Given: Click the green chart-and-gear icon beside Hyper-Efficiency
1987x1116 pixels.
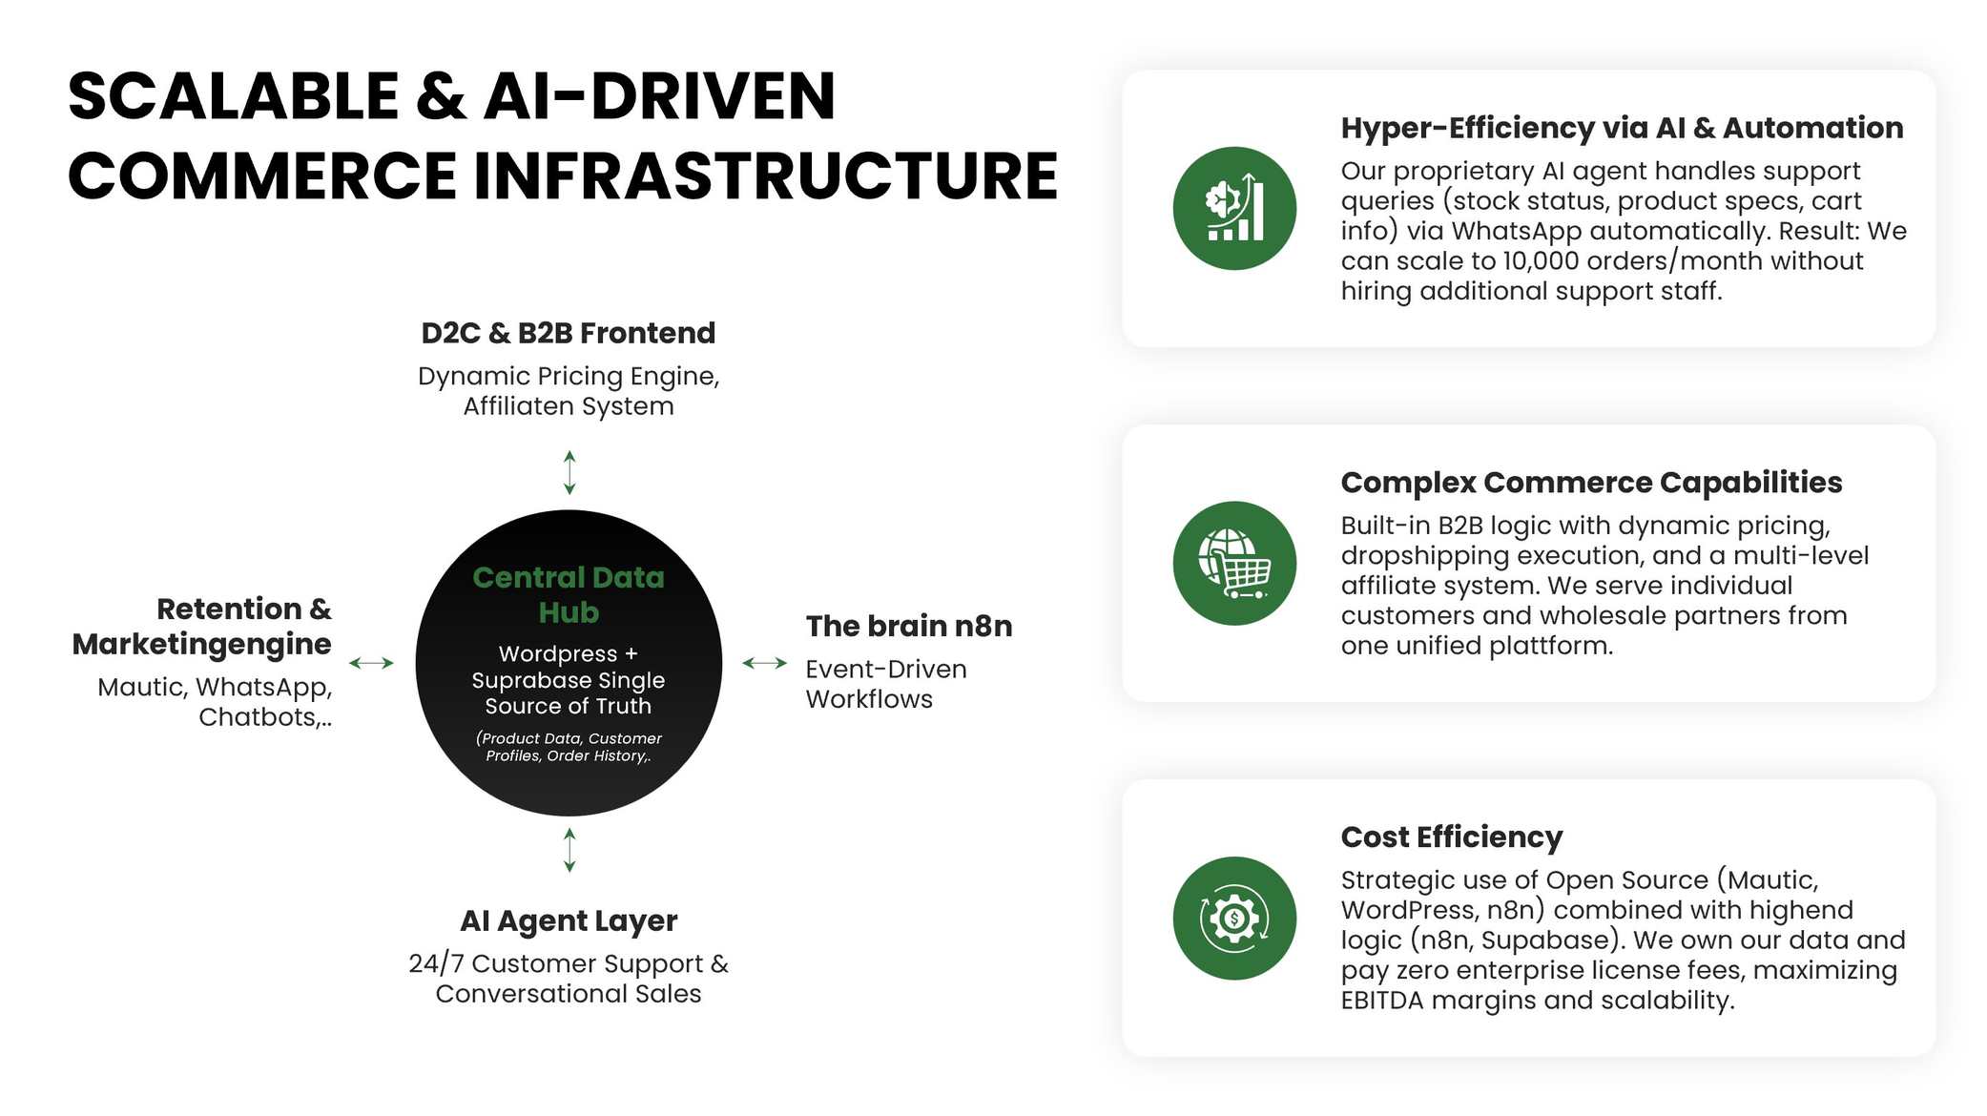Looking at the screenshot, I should click(1234, 208).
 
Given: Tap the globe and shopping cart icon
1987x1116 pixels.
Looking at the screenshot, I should click(1234, 563).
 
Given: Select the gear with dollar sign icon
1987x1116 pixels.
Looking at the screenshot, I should click(1234, 918).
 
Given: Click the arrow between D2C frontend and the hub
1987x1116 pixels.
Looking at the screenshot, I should click(569, 472).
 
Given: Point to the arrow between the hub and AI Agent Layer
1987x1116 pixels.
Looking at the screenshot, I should click(569, 850).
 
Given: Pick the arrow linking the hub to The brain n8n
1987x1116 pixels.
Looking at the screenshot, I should click(764, 663).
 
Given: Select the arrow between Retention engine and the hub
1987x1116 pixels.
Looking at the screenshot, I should click(371, 663).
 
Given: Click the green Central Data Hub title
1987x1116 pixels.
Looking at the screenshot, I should click(569, 594).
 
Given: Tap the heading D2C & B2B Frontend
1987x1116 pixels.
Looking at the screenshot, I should click(569, 333).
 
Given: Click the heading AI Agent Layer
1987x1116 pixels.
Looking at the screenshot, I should click(569, 920).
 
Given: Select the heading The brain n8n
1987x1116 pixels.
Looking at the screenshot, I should click(908, 626).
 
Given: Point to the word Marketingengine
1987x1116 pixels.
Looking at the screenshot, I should click(202, 644).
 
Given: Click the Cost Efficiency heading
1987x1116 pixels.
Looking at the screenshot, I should click(1451, 837).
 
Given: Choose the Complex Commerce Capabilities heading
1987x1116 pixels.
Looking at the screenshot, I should click(1591, 483).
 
